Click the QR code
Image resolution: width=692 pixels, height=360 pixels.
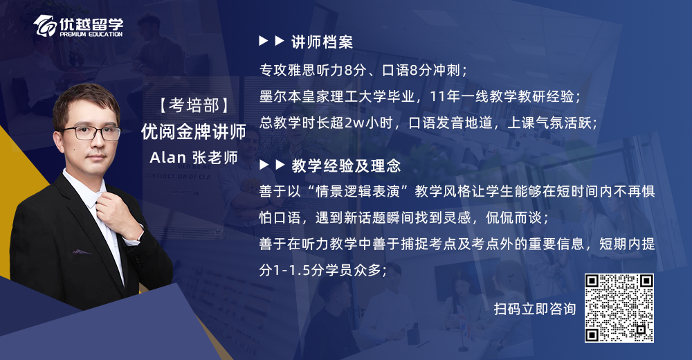[619, 308]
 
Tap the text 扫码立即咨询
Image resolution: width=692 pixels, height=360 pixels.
[535, 309]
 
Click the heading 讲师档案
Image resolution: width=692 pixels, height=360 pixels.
[322, 42]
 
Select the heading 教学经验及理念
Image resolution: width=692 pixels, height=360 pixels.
[346, 165]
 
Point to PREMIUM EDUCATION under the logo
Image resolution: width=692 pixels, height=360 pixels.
[91, 35]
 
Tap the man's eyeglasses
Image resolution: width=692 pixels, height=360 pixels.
[92, 132]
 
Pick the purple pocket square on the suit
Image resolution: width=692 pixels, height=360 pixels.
[82, 252]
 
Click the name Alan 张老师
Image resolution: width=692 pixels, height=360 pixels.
[194, 158]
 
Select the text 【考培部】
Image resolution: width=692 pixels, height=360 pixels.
[194, 105]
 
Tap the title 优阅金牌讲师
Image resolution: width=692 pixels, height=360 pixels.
[194, 132]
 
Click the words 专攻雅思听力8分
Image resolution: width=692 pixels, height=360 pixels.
[313, 70]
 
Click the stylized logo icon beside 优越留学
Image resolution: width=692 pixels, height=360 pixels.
[45, 26]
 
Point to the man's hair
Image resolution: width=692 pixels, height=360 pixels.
[86, 100]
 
